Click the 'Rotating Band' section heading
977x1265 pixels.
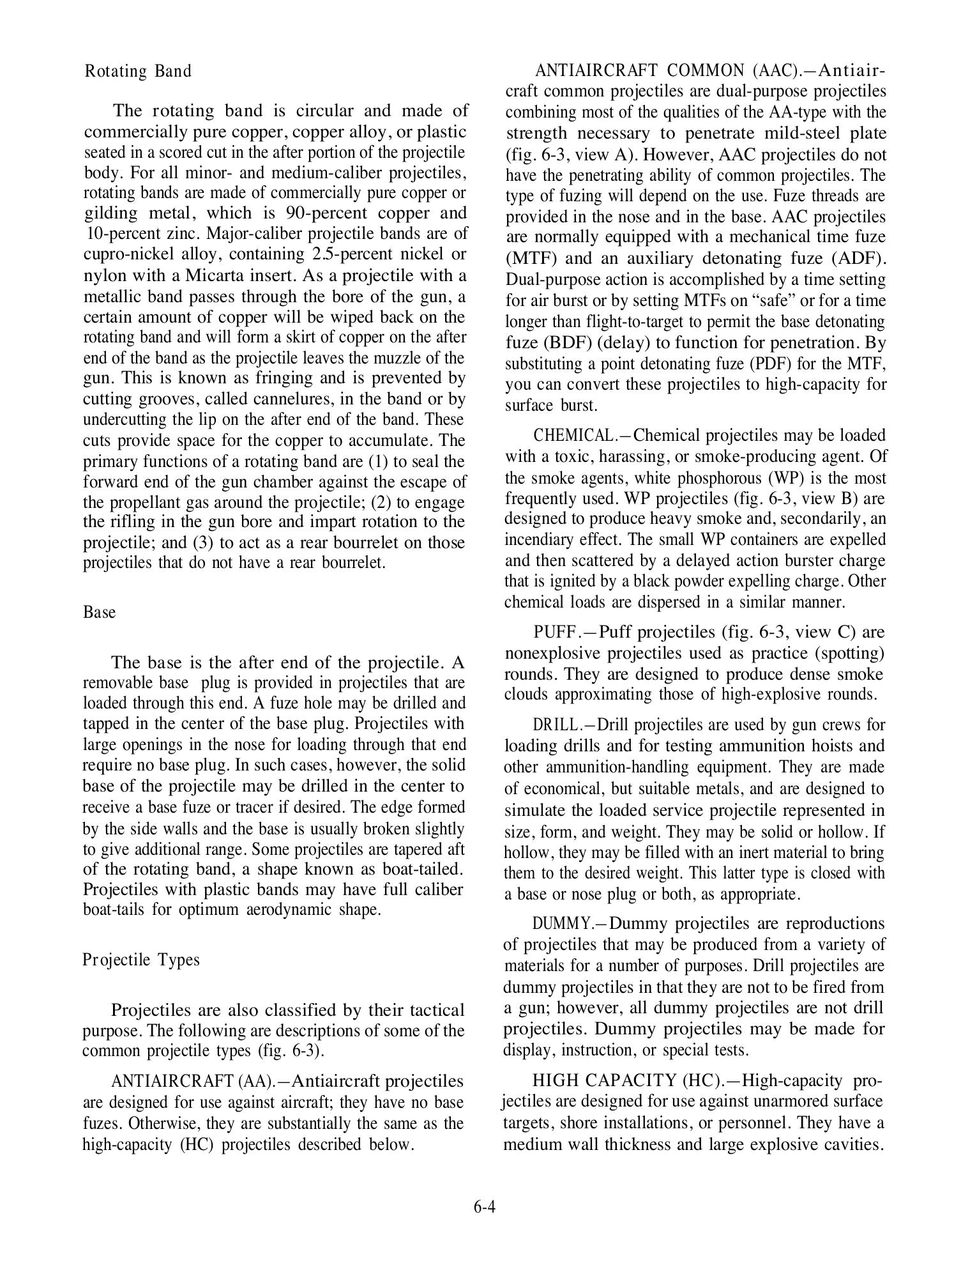[138, 71]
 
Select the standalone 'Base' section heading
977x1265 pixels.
[100, 612]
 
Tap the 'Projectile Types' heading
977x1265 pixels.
[141, 960]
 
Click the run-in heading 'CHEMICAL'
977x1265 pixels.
[572, 436]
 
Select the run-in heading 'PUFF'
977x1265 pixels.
[554, 632]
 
